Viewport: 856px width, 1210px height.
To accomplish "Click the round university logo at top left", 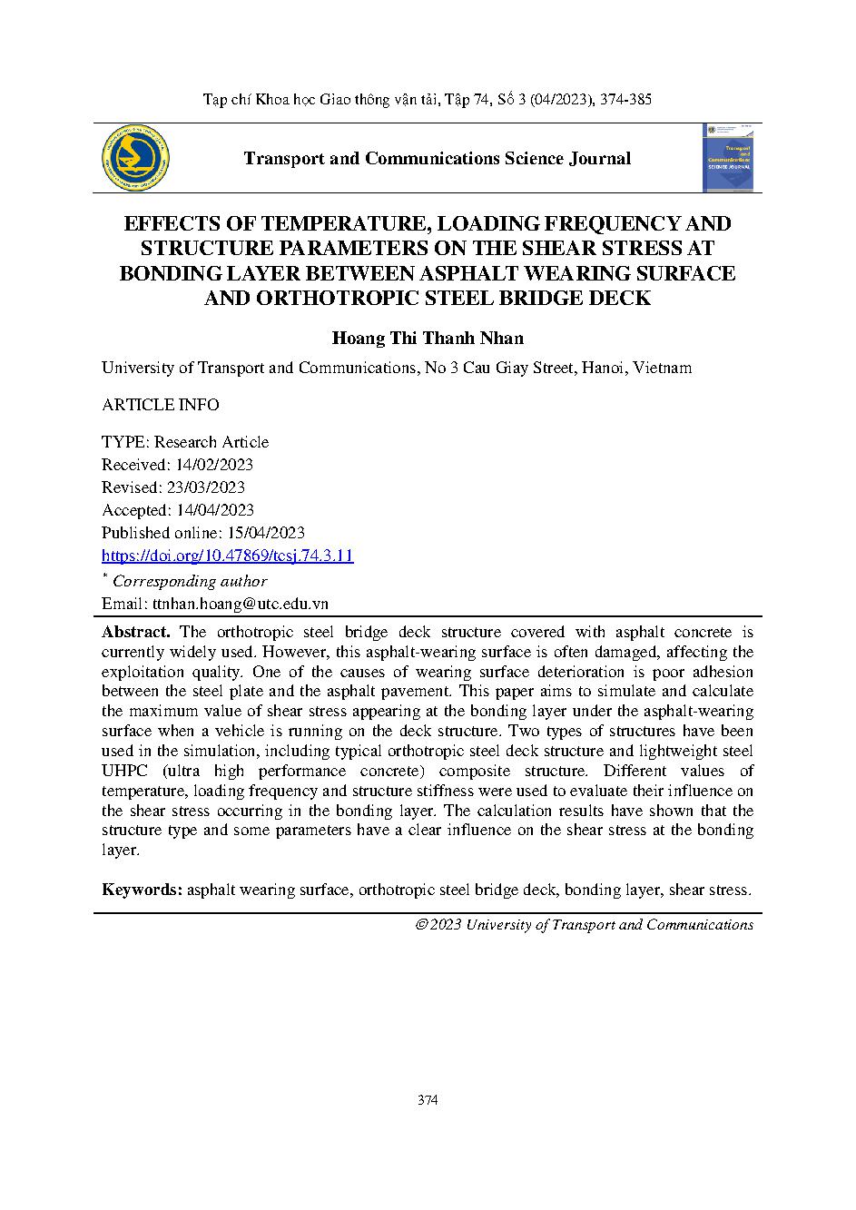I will click(136, 158).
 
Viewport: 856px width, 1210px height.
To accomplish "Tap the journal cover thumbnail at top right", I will click(731, 158).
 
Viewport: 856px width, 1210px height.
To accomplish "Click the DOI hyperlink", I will click(227, 556).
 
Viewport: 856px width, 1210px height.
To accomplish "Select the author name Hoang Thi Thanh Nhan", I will click(428, 338).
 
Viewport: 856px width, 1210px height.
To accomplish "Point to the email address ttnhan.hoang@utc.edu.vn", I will click(240, 603).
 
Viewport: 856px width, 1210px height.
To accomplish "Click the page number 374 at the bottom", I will click(428, 1100).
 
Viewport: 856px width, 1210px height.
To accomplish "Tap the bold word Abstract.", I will click(135, 632).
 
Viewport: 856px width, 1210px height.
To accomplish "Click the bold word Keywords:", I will click(143, 890).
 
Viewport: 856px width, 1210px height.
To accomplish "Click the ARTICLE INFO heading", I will click(161, 405).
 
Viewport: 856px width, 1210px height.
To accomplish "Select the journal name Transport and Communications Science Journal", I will click(437, 158).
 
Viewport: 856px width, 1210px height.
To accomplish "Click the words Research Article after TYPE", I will click(212, 442).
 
